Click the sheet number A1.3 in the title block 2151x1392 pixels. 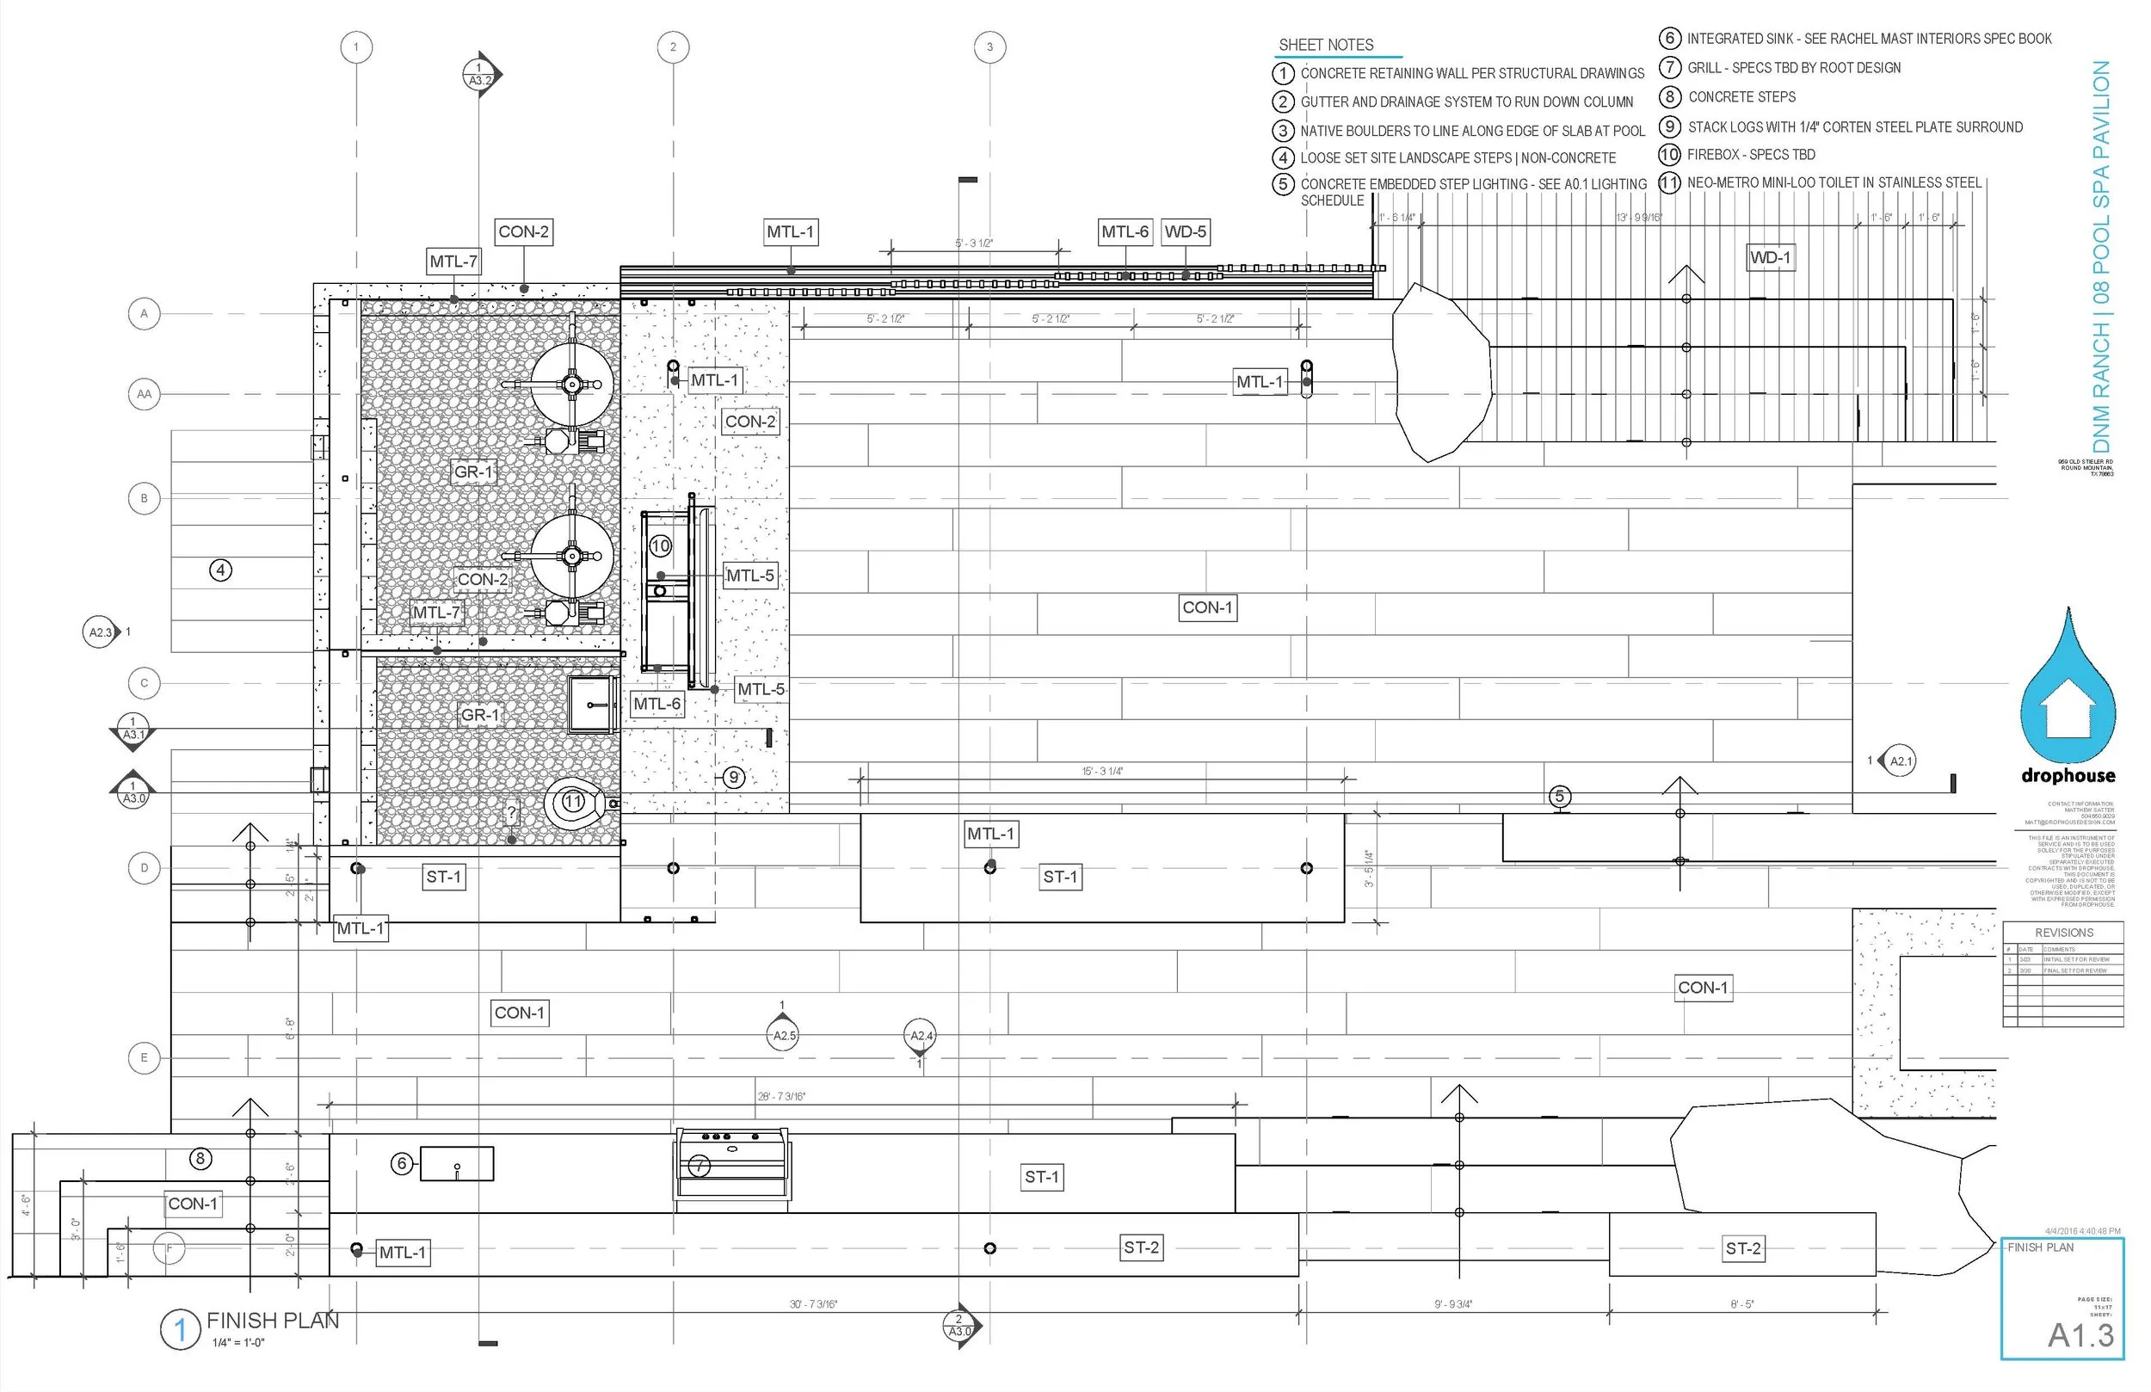pyautogui.click(x=2080, y=1335)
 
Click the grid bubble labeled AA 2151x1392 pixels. pyautogui.click(x=144, y=394)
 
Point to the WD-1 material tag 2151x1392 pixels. pyautogui.click(x=1770, y=257)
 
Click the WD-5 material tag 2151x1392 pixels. pyautogui.click(x=1185, y=232)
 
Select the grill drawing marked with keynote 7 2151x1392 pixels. pyautogui.click(x=731, y=1165)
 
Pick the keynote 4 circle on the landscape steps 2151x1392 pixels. pyautogui.click(x=220, y=570)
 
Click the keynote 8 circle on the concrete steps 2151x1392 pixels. pyautogui.click(x=200, y=1158)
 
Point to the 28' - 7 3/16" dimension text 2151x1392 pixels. pyautogui.click(x=781, y=1096)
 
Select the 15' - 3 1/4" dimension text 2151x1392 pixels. pyautogui.click(x=1103, y=771)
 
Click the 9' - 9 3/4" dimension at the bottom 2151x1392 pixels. pyautogui.click(x=1452, y=1304)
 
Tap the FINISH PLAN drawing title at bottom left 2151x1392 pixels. pyautogui.click(x=272, y=1321)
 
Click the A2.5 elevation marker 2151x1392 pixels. pyautogui.click(x=784, y=1036)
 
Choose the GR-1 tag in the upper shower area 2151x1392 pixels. pyautogui.click(x=473, y=471)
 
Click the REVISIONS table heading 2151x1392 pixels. pyautogui.click(x=2063, y=933)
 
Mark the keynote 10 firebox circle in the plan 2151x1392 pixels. pyautogui.click(x=661, y=546)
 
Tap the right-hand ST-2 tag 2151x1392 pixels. pyautogui.click(x=1742, y=1249)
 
